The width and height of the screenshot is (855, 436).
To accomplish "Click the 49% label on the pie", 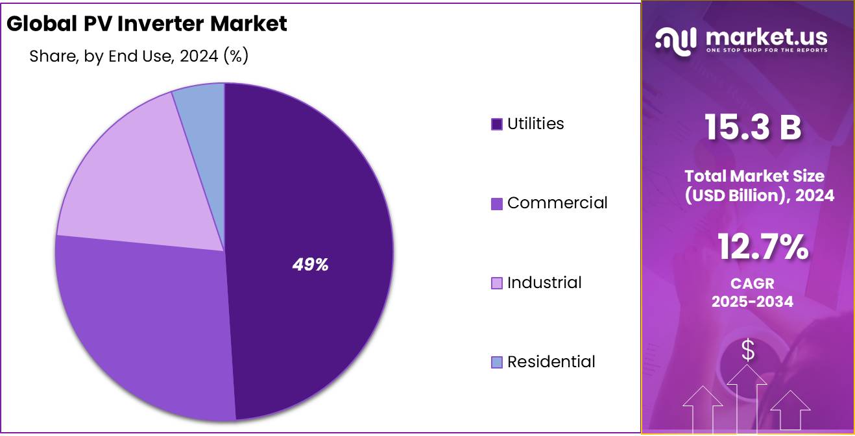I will pos(310,265).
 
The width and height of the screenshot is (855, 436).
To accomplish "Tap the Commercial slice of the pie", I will pos(143,324).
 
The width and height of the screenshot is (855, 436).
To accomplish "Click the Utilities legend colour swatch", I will pos(497,124).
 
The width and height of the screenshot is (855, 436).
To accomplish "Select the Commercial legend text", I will pos(557,203).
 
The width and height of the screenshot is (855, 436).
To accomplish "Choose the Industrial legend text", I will pos(544,283).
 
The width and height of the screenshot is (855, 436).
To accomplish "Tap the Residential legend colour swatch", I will pos(497,362).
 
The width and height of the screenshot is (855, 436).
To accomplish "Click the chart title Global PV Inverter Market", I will pos(147,24).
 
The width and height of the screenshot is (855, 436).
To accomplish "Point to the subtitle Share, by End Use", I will pos(139,56).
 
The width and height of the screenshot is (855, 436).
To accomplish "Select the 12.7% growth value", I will pos(762,247).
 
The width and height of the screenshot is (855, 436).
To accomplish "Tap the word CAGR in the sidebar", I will pos(752,284).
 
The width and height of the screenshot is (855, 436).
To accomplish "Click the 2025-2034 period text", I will pos(752,302).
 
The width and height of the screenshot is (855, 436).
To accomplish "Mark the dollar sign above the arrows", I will pos(748,350).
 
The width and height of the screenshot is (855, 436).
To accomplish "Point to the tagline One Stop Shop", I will pos(766,51).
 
